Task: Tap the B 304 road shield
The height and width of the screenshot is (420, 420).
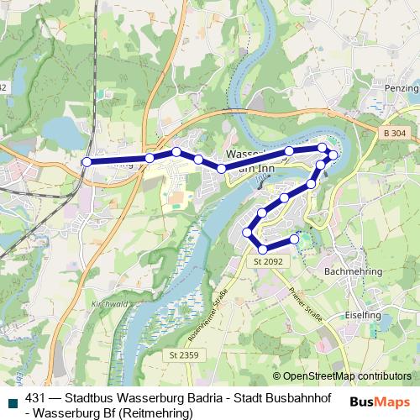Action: (x=392, y=134)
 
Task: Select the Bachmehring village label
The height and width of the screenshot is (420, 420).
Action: (x=353, y=272)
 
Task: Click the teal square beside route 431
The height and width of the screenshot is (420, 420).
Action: (x=12, y=402)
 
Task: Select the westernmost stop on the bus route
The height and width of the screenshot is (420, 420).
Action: (x=86, y=162)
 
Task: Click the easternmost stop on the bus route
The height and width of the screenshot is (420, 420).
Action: (x=333, y=155)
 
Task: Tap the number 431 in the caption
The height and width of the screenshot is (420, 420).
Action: (x=36, y=399)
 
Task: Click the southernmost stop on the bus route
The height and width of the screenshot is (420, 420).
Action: (x=264, y=249)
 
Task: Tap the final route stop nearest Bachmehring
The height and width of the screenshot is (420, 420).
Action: (x=295, y=239)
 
